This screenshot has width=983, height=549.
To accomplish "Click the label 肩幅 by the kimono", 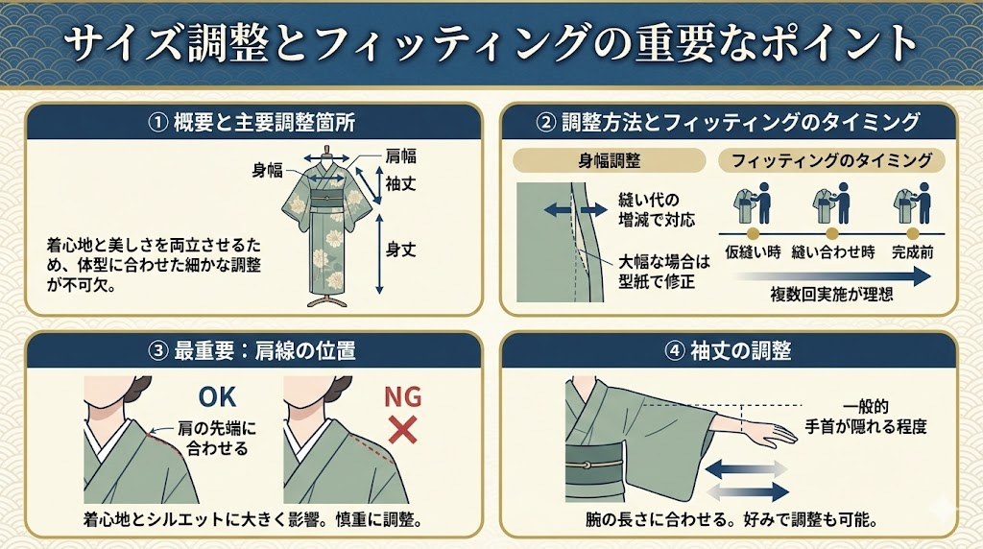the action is click(x=400, y=156).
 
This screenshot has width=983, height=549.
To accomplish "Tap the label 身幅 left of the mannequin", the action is click(x=268, y=171).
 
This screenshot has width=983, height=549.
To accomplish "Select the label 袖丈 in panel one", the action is click(x=400, y=183).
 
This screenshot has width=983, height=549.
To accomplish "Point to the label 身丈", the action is click(x=400, y=250).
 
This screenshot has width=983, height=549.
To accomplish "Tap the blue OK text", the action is click(x=218, y=397).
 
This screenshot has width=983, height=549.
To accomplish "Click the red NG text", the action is click(x=402, y=396).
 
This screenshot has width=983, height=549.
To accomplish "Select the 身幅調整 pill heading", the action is click(x=610, y=160).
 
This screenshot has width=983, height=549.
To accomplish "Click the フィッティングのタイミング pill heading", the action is click(x=831, y=160).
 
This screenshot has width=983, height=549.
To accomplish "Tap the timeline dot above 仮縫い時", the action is click(x=753, y=234).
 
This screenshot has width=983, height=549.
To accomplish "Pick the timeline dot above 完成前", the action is click(x=913, y=234).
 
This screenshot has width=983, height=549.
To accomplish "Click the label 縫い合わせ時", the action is click(x=833, y=252).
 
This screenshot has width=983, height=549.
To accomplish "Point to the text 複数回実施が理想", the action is click(x=832, y=294).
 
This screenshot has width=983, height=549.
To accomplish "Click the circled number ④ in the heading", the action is click(x=675, y=351).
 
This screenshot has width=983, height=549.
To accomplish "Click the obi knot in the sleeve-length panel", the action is click(x=586, y=465).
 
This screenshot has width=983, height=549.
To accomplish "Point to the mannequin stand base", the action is click(x=326, y=301).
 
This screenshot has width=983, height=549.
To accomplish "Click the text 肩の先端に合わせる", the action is click(x=217, y=439).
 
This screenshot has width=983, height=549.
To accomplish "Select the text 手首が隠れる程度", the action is click(x=866, y=427).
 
